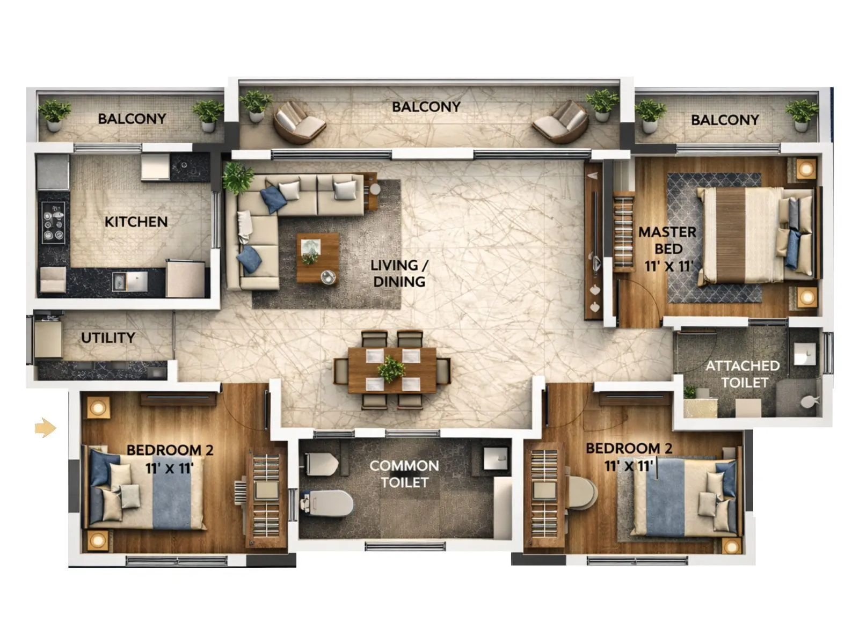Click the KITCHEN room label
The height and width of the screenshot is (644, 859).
click(x=136, y=222)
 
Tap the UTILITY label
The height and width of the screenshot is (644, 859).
click(x=108, y=338)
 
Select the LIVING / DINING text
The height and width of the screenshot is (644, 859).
click(x=399, y=273)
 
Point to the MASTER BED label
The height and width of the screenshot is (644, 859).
click(x=667, y=240)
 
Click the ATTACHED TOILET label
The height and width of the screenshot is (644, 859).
click(x=743, y=374)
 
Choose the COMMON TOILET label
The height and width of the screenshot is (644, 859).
click(x=404, y=474)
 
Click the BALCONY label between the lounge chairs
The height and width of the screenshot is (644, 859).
click(x=426, y=107)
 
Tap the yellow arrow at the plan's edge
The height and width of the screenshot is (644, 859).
click(x=45, y=428)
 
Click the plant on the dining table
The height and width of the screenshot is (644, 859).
click(x=391, y=369)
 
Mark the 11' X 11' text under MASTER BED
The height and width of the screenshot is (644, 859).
click(x=669, y=266)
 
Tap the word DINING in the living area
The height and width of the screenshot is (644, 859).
click(x=399, y=281)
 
